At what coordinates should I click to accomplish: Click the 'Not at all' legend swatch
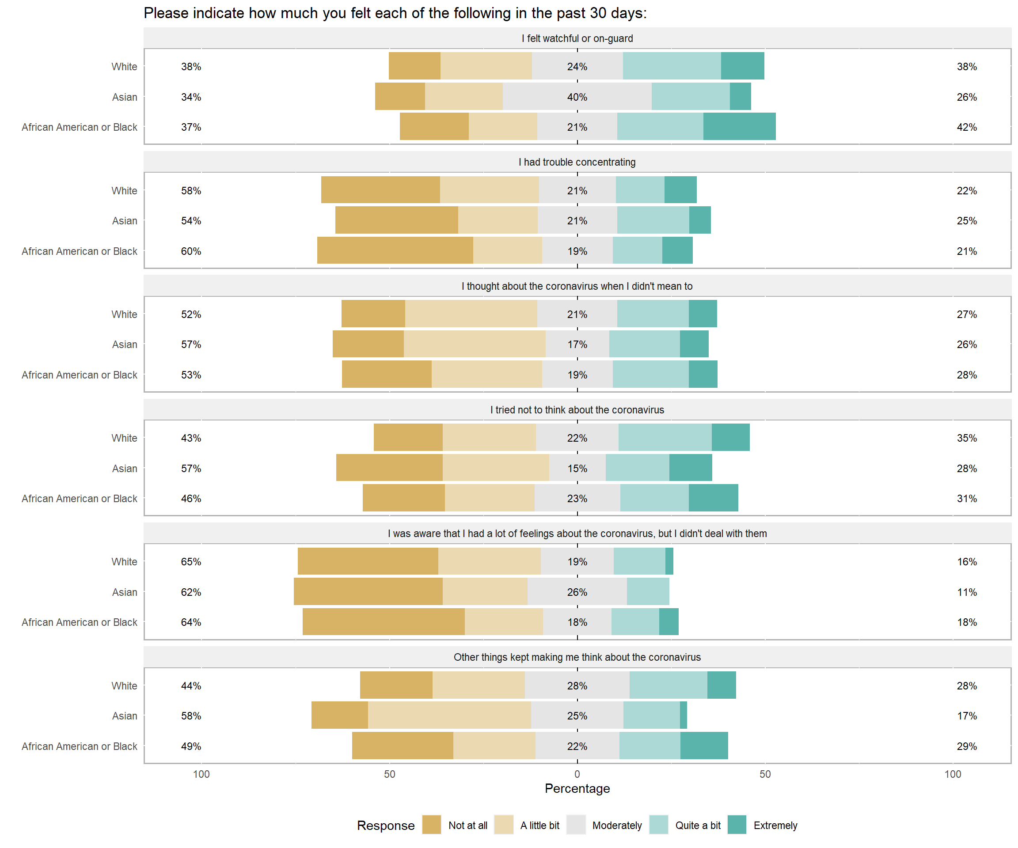pos(431,825)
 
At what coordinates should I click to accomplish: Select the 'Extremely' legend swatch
pos(737,825)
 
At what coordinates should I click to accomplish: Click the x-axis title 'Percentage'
pos(577,788)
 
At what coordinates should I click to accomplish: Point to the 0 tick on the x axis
pos(577,774)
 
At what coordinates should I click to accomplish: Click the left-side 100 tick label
pos(201,774)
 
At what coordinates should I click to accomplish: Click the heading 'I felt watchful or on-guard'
pos(577,38)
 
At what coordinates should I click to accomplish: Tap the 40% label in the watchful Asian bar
pos(577,97)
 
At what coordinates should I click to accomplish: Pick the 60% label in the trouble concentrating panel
pos(191,251)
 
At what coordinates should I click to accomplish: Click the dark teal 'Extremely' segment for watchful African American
pos(739,126)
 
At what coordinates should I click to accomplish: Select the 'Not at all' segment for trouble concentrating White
pos(380,189)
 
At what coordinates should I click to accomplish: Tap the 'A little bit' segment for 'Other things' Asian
pos(449,715)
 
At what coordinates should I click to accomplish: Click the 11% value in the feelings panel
pos(967,592)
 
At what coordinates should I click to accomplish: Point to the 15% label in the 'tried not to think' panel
pos(577,469)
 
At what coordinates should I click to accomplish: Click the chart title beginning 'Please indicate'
pos(395,13)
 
